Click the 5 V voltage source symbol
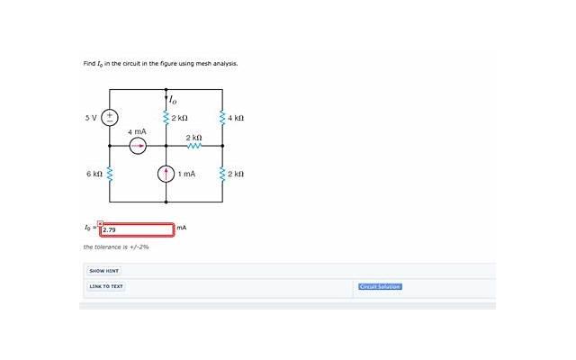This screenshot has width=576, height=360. pyautogui.click(x=110, y=118)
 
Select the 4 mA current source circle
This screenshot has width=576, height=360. pyautogui.click(x=138, y=146)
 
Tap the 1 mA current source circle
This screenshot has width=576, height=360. pyautogui.click(x=166, y=174)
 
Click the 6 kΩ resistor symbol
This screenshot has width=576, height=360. pyautogui.click(x=109, y=174)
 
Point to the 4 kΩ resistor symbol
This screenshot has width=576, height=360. pyautogui.click(x=222, y=118)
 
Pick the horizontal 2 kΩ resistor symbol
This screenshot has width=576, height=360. pyautogui.click(x=194, y=146)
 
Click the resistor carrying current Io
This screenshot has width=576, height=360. pyautogui.click(x=166, y=118)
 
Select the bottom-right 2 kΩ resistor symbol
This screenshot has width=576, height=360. pyautogui.click(x=222, y=174)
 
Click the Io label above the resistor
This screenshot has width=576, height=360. pyautogui.click(x=172, y=100)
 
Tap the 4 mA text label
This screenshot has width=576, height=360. pyautogui.click(x=137, y=131)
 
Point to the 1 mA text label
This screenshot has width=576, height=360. pyautogui.click(x=186, y=174)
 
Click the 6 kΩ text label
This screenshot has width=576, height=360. pyautogui.click(x=94, y=174)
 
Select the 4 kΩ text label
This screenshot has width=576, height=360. pyautogui.click(x=236, y=118)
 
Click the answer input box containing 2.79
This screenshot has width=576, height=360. pyautogui.click(x=137, y=230)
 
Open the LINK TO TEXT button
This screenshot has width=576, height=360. pyautogui.click(x=106, y=286)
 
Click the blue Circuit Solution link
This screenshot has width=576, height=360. pyautogui.click(x=380, y=286)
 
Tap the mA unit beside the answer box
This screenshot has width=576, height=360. pyautogui.click(x=182, y=228)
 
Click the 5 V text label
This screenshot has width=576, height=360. pyautogui.click(x=91, y=118)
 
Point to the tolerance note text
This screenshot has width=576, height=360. pyautogui.click(x=116, y=247)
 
